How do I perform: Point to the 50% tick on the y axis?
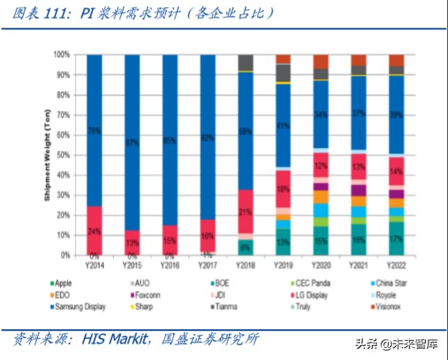62,155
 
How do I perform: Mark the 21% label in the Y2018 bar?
245,212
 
